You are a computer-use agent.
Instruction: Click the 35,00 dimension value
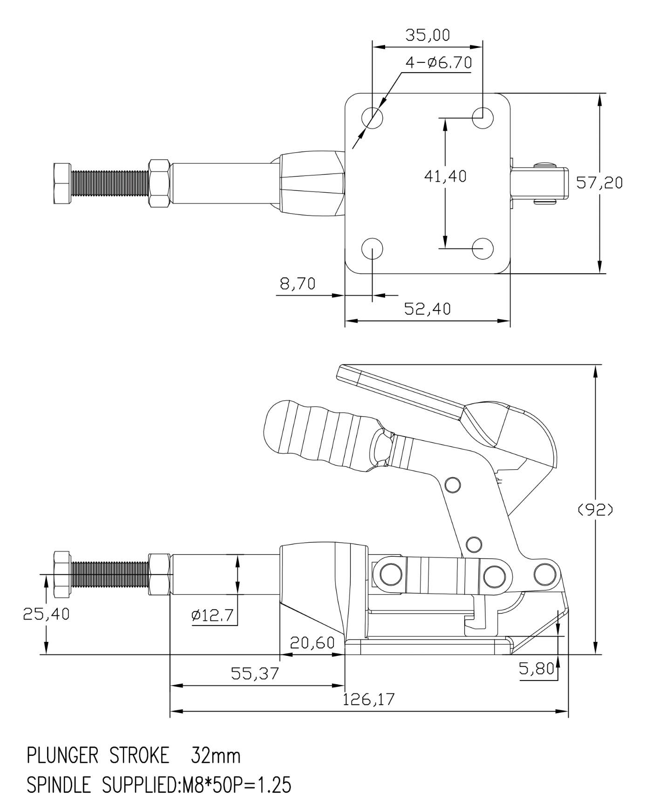[x=427, y=35]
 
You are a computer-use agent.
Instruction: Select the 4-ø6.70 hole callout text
[x=438, y=62]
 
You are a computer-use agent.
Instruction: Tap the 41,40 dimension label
[x=445, y=176]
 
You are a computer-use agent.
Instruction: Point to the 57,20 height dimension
[x=599, y=183]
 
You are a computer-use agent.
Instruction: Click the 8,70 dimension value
[x=298, y=283]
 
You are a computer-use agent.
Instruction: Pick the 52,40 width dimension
[x=427, y=309]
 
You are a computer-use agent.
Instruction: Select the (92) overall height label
[x=595, y=510]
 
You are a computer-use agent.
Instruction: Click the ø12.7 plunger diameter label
[x=212, y=615]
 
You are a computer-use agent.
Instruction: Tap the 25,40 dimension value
[x=46, y=614]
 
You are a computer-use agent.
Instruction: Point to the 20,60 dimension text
[x=312, y=643]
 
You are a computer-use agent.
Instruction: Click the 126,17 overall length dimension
[x=368, y=699]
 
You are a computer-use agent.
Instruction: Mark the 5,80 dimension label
[x=537, y=669]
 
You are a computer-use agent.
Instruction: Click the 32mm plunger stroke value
[x=216, y=756]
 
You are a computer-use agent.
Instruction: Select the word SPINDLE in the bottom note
[x=59, y=786]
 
